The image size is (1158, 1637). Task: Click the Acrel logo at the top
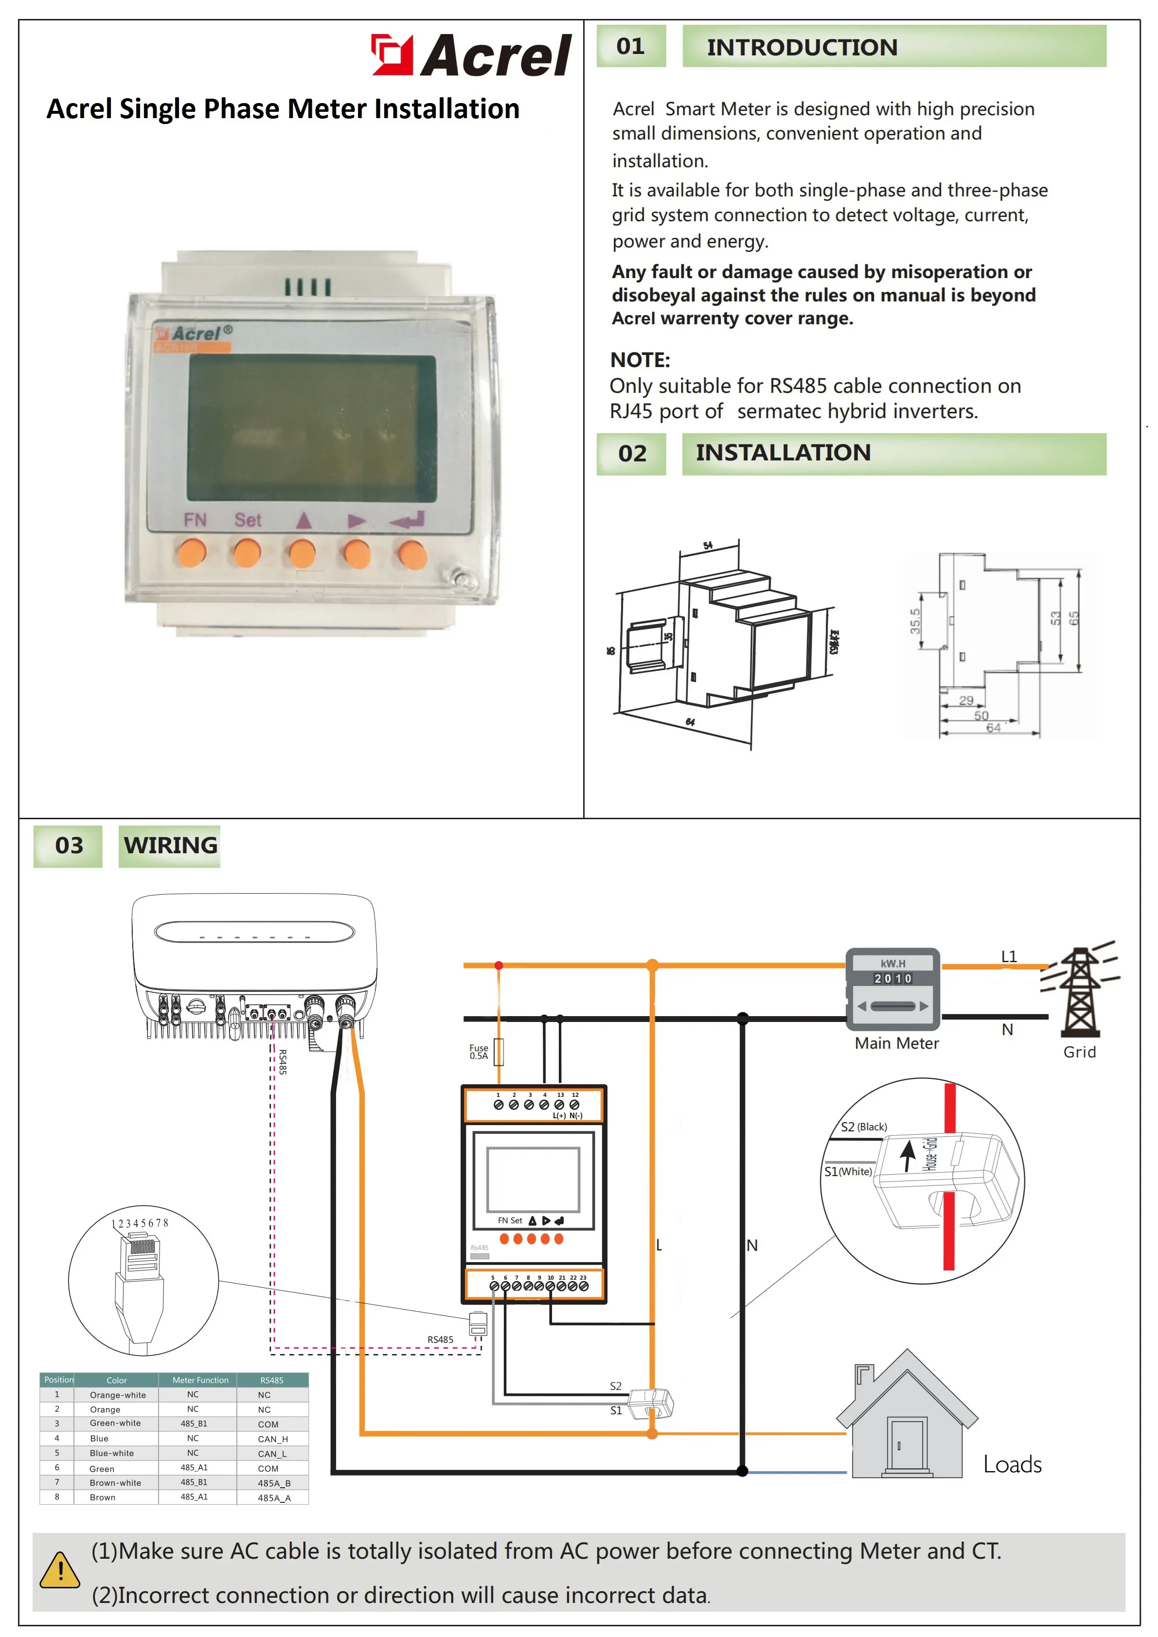point(471,55)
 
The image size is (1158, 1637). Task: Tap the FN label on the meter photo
point(195,520)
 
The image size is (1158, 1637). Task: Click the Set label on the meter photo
point(248,520)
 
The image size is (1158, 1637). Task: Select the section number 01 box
point(630,46)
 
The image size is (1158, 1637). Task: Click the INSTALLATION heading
point(783,453)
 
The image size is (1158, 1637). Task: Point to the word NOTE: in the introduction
point(640,360)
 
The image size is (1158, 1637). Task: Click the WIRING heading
point(170,845)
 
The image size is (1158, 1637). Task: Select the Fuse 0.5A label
point(479,1052)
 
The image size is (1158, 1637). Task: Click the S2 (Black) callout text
point(863,1127)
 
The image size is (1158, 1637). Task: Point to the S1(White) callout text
point(848,1171)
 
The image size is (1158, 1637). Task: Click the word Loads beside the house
point(1012,1464)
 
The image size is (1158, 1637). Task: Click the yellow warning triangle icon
point(60,1571)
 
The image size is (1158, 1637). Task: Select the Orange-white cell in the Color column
point(118,1395)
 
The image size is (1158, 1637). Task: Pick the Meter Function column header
point(200,1380)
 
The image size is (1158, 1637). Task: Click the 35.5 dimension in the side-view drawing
point(915,621)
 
